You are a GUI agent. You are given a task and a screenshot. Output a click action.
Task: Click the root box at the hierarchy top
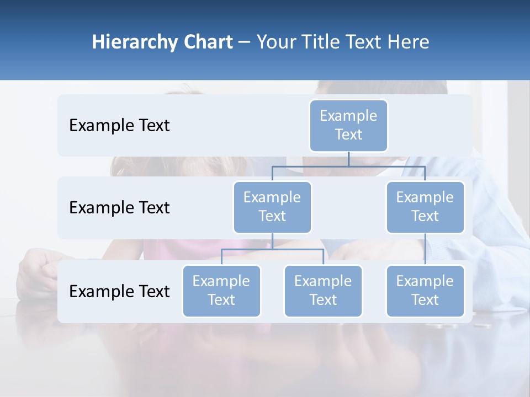[348, 126]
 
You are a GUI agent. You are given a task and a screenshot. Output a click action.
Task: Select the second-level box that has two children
[272, 207]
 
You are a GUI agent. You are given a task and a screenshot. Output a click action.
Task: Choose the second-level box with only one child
[425, 207]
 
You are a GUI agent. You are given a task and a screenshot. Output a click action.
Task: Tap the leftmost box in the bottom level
[221, 291]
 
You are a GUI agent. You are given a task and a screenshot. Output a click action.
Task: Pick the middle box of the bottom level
[323, 291]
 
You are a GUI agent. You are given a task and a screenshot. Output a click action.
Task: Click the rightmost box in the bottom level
[425, 291]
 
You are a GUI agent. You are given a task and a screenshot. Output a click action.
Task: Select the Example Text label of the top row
[119, 126]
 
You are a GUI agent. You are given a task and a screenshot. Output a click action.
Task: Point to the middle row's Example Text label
[119, 208]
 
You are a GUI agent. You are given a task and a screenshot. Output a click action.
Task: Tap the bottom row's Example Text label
[119, 292]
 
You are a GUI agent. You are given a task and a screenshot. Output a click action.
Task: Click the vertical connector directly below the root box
[348, 159]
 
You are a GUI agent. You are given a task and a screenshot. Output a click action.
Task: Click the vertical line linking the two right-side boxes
[425, 249]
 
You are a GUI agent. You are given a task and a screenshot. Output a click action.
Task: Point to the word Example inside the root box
[348, 116]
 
